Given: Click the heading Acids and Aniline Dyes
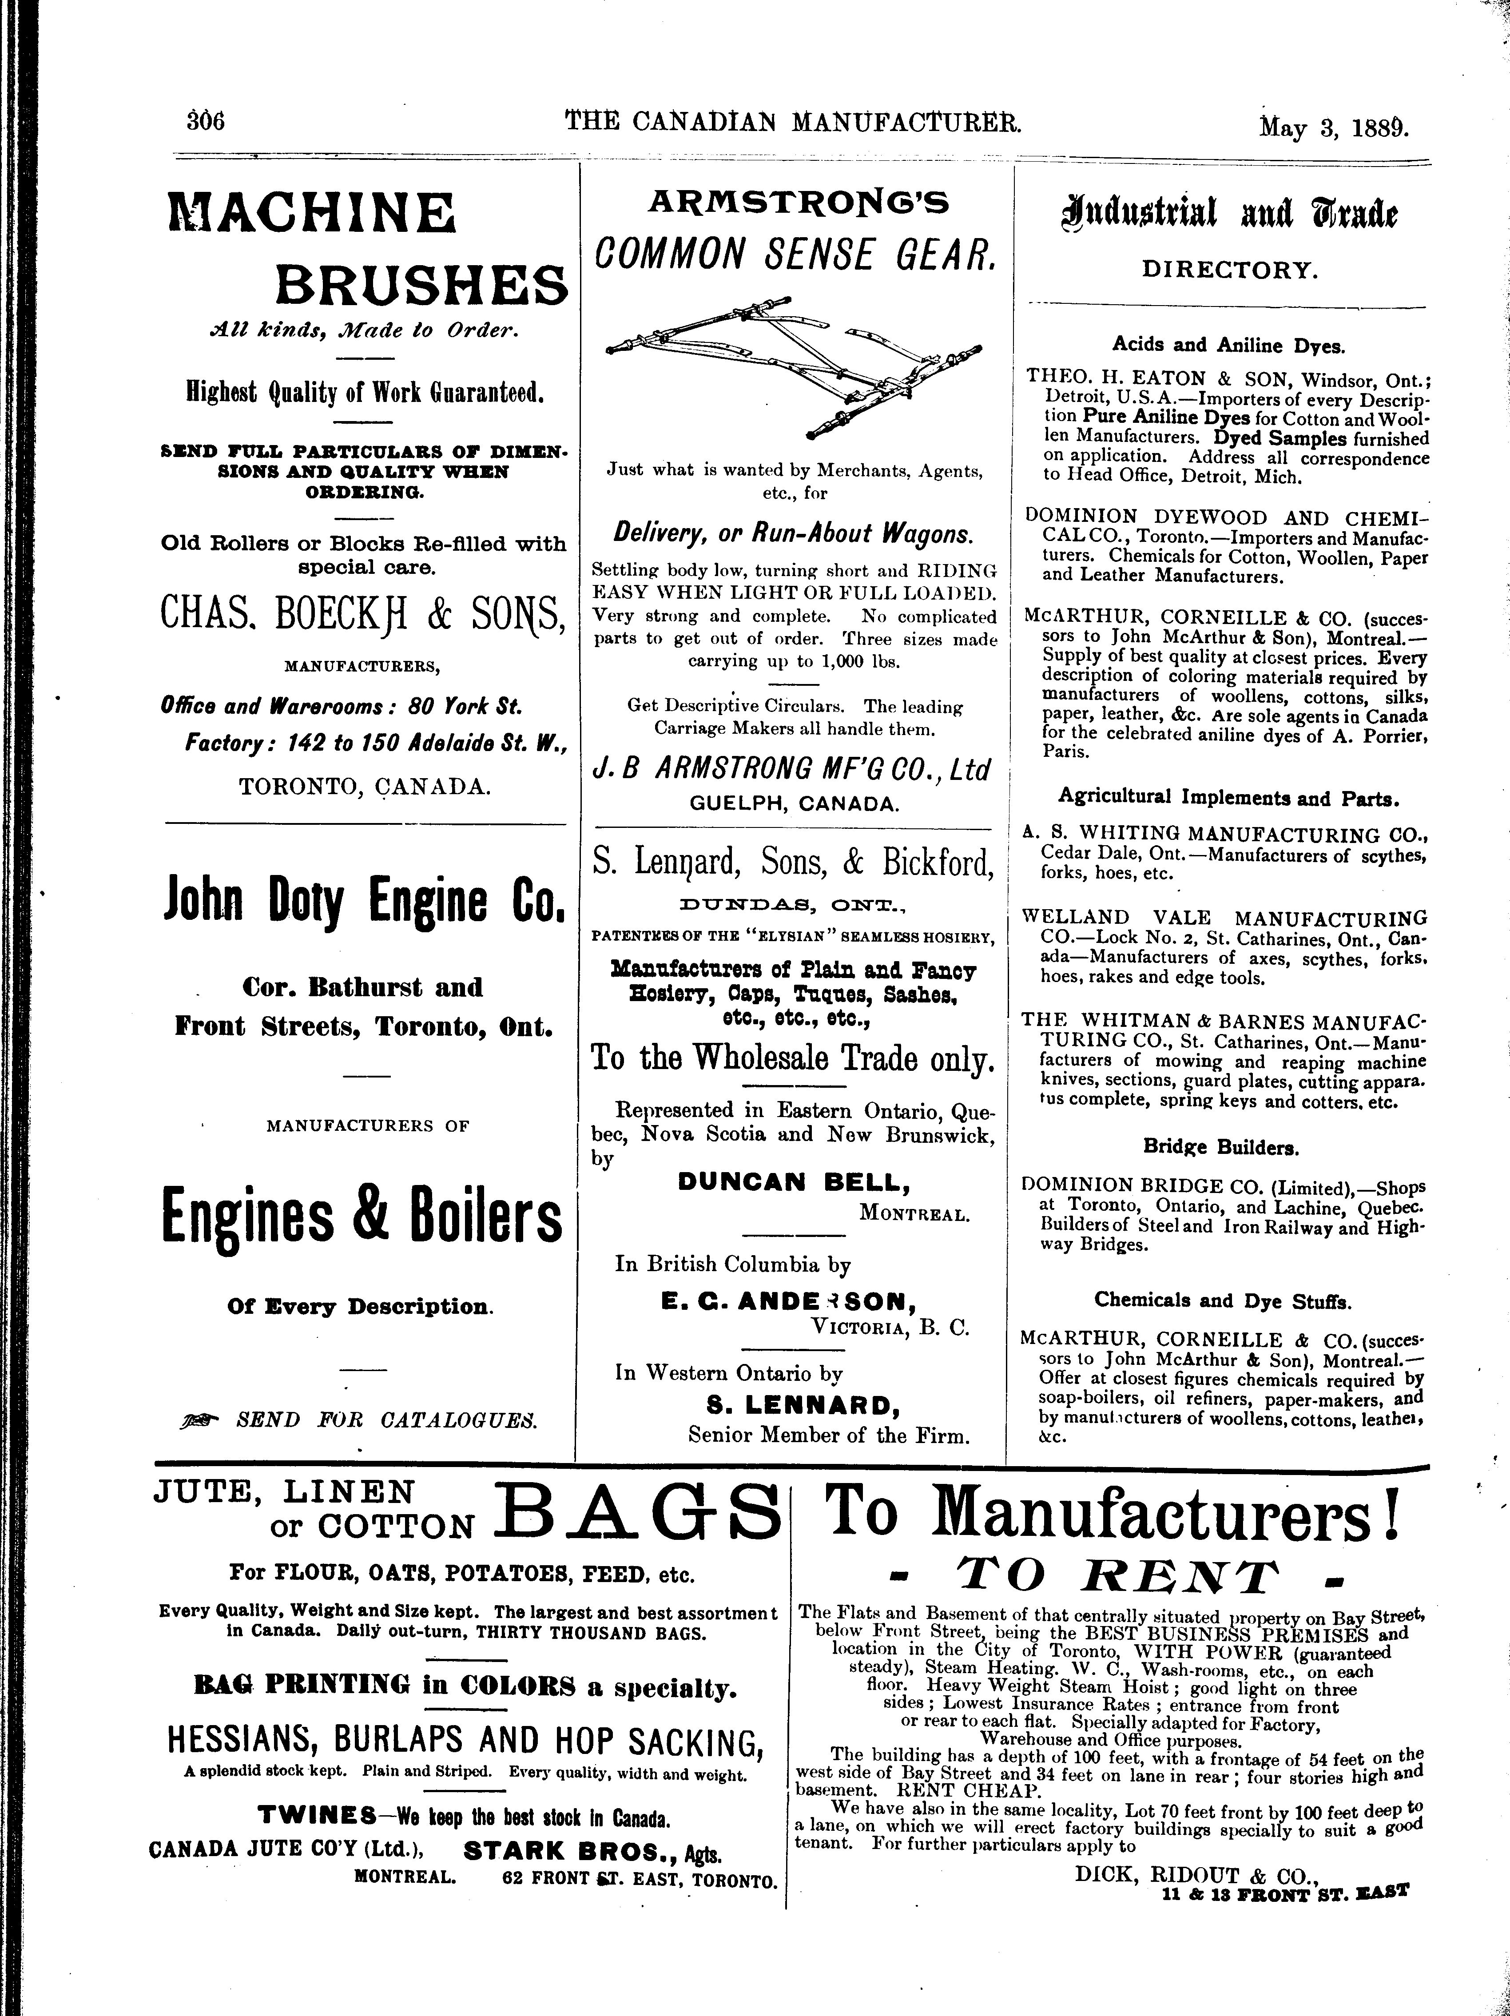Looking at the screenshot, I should click(1228, 346).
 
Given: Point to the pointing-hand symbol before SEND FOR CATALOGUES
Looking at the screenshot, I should click(199, 1419).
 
